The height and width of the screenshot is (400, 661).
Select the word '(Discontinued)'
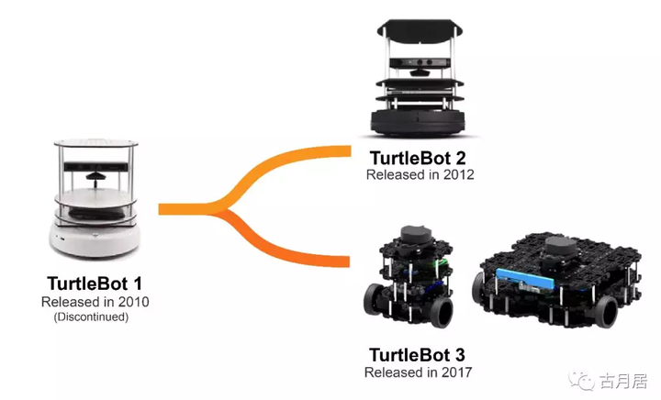pyautogui.click(x=91, y=317)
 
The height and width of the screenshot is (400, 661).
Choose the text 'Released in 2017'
pyautogui.click(x=419, y=372)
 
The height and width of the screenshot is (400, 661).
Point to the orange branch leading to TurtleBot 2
pyautogui.click(x=294, y=161)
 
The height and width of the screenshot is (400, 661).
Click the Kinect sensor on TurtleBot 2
pyautogui.click(x=421, y=65)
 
